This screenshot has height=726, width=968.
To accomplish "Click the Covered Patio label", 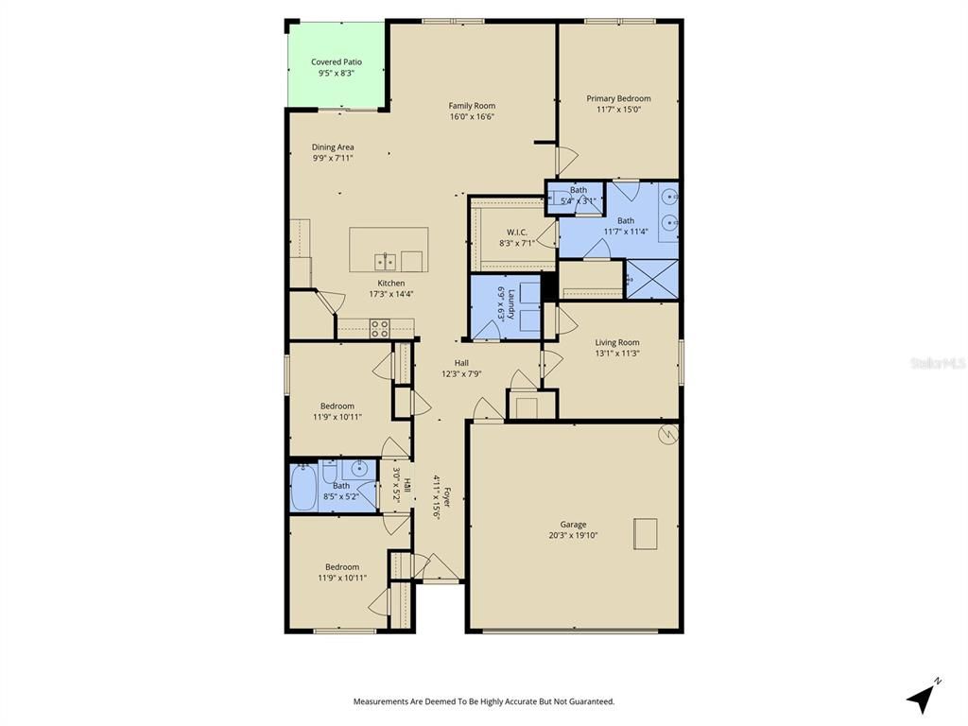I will pos(336,62).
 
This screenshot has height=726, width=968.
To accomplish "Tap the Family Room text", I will pos(472,106).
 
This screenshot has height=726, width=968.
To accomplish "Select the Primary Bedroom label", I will pos(618,98).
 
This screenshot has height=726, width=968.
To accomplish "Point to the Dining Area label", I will pos(333,147).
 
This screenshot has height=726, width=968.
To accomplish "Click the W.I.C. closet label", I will pos(516,232).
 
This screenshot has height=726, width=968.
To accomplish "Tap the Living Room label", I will pos(616,342).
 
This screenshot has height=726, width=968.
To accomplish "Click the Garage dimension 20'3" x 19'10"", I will pos(573,535).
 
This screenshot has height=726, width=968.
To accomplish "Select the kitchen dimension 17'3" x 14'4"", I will pos(391,294).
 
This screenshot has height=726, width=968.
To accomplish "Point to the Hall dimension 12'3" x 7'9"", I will pos(461,373).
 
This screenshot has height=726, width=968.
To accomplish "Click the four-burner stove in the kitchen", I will pos(379,328).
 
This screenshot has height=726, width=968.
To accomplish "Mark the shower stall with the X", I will pos(651,279).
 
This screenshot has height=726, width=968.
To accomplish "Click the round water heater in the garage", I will pos(667,434).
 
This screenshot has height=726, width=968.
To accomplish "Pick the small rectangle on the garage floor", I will pos(646,533).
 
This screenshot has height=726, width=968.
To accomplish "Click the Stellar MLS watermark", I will pos(937,362).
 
